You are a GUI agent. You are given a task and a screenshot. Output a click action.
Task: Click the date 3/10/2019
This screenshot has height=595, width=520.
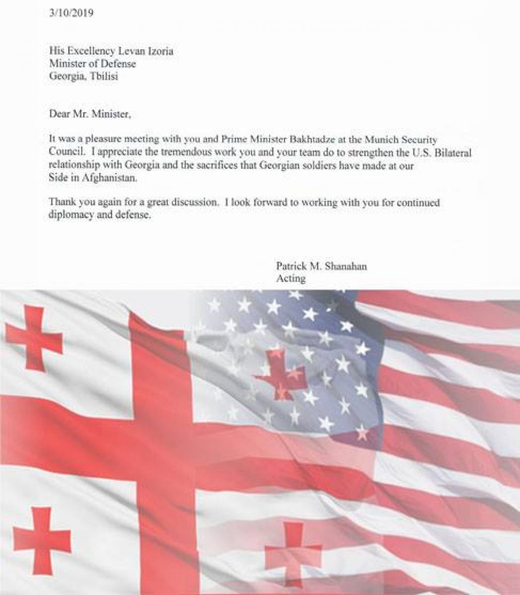click(71, 13)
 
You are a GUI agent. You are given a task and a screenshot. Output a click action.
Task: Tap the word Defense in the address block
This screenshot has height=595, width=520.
click(118, 64)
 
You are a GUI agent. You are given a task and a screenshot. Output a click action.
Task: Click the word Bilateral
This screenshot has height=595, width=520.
click(452, 153)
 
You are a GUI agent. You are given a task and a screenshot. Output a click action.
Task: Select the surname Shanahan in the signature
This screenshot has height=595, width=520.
click(346, 266)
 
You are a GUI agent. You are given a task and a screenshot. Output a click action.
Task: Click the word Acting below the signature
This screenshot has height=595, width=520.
click(290, 279)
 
